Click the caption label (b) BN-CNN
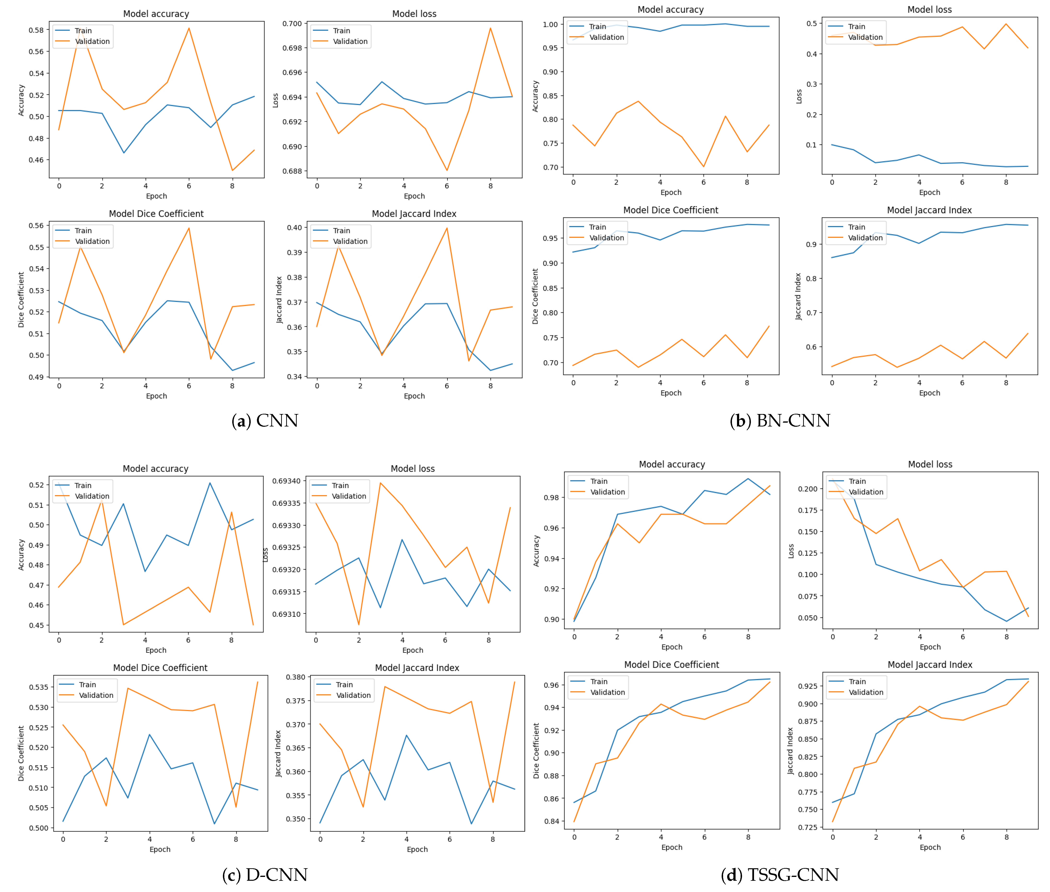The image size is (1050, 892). [x=780, y=421]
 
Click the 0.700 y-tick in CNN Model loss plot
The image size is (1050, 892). [x=292, y=24]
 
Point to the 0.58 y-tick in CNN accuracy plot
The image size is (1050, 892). [x=36, y=30]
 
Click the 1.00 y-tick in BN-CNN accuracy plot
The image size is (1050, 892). [x=550, y=24]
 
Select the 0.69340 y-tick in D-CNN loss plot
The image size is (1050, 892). [x=286, y=481]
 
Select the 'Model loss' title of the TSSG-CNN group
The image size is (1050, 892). [x=930, y=464]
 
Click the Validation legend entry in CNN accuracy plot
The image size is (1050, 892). [x=92, y=41]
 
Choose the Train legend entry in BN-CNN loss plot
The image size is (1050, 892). [x=856, y=26]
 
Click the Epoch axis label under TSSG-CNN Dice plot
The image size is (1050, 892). [x=671, y=847]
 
